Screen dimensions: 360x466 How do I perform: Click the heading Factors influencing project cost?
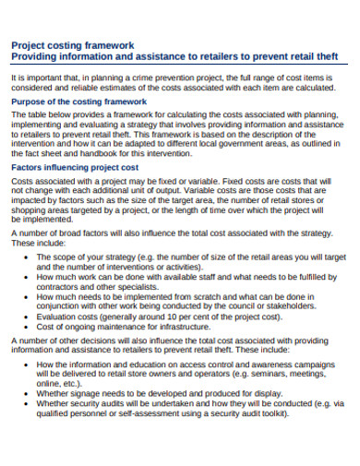74,168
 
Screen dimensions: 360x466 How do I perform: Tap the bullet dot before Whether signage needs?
24,393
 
